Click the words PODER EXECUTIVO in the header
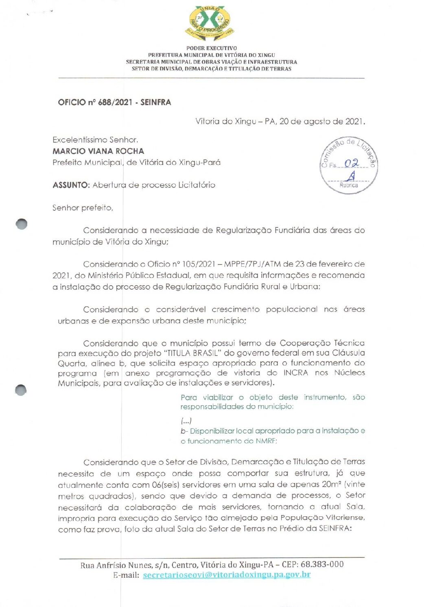[212, 48]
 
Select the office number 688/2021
[115, 102]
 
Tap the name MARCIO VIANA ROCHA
[98, 151]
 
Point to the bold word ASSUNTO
[71, 185]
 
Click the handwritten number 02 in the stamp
[351, 164]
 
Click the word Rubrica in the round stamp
[349, 185]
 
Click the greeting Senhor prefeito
[83, 207]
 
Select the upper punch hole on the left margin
[22, 224]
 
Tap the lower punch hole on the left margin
[21, 390]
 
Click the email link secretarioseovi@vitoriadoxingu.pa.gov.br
[227, 574]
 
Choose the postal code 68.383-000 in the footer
[322, 564]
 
